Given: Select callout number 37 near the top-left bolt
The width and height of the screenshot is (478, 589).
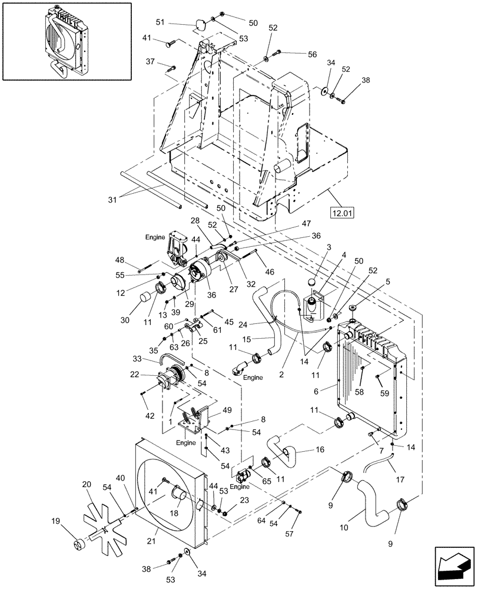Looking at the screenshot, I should coord(151,61).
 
